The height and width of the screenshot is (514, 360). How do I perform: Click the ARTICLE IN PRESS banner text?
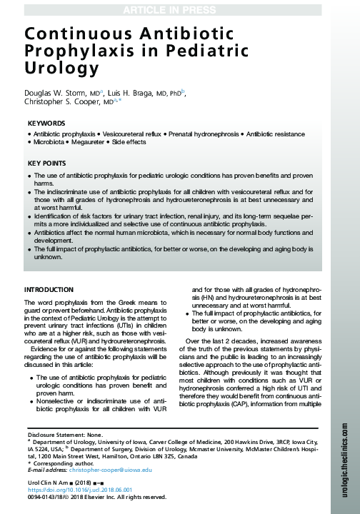pyautogui.click(x=179, y=8)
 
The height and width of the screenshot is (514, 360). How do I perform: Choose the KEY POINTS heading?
pyautogui.click(x=47, y=163)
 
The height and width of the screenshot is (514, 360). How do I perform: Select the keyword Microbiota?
pyautogui.click(x=49, y=142)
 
